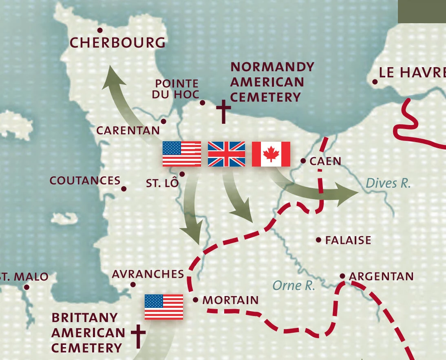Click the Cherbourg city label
click(x=118, y=42)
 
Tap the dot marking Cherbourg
click(x=100, y=30)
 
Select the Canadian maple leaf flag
click(x=271, y=154)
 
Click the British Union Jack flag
click(x=227, y=154)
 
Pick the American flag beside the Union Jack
click(x=182, y=154)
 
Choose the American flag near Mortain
click(x=164, y=307)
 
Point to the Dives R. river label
click(x=388, y=183)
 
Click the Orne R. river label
click(x=294, y=285)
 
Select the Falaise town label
click(x=348, y=240)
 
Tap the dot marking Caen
click(x=303, y=161)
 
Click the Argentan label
click(x=381, y=277)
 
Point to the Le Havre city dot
click(x=375, y=82)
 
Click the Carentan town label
click(x=128, y=130)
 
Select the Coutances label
click(x=85, y=180)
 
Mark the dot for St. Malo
click(x=27, y=287)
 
